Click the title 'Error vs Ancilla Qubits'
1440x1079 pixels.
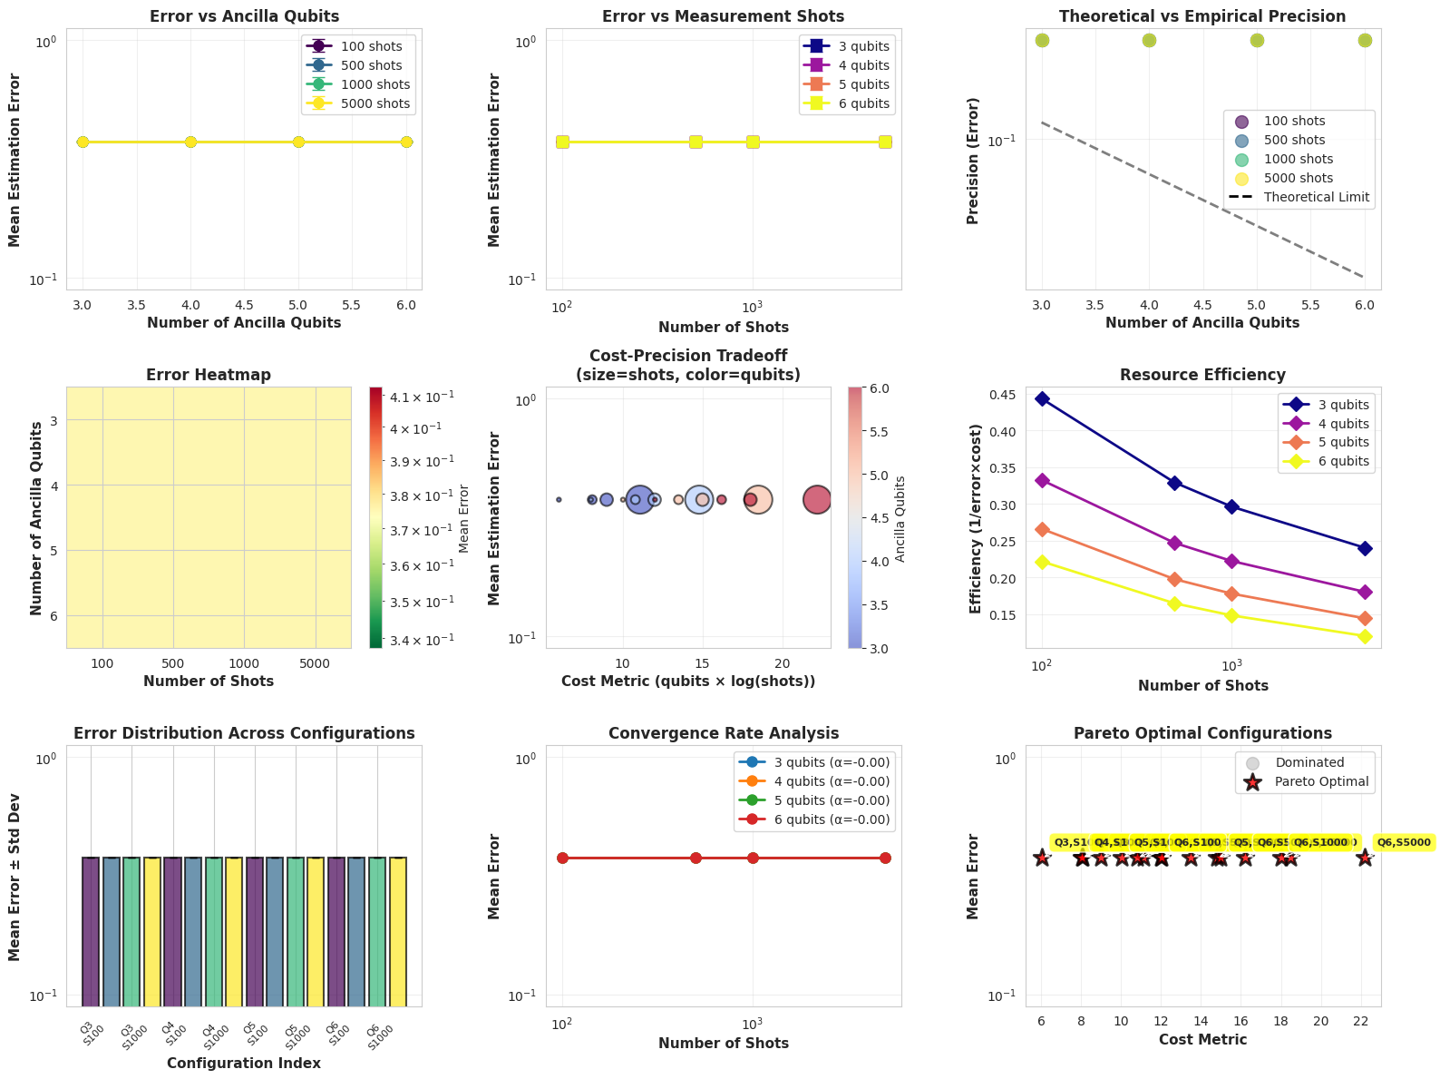[244, 16]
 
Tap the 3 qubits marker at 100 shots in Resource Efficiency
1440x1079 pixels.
[1042, 399]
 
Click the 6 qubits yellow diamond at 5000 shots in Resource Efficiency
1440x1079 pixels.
[1365, 636]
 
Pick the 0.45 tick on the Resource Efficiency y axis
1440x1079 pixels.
[1014, 394]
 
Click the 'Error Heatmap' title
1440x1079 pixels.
[209, 375]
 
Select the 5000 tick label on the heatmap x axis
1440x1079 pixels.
[315, 663]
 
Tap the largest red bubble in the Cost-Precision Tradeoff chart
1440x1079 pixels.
[817, 499]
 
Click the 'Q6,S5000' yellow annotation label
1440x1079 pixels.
[1403, 843]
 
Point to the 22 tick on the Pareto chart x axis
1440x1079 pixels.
[1361, 1021]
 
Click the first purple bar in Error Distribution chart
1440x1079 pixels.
[91, 930]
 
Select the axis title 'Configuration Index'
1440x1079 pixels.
[244, 1063]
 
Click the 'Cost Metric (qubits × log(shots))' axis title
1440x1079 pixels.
[688, 681]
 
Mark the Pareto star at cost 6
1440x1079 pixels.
[1042, 858]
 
